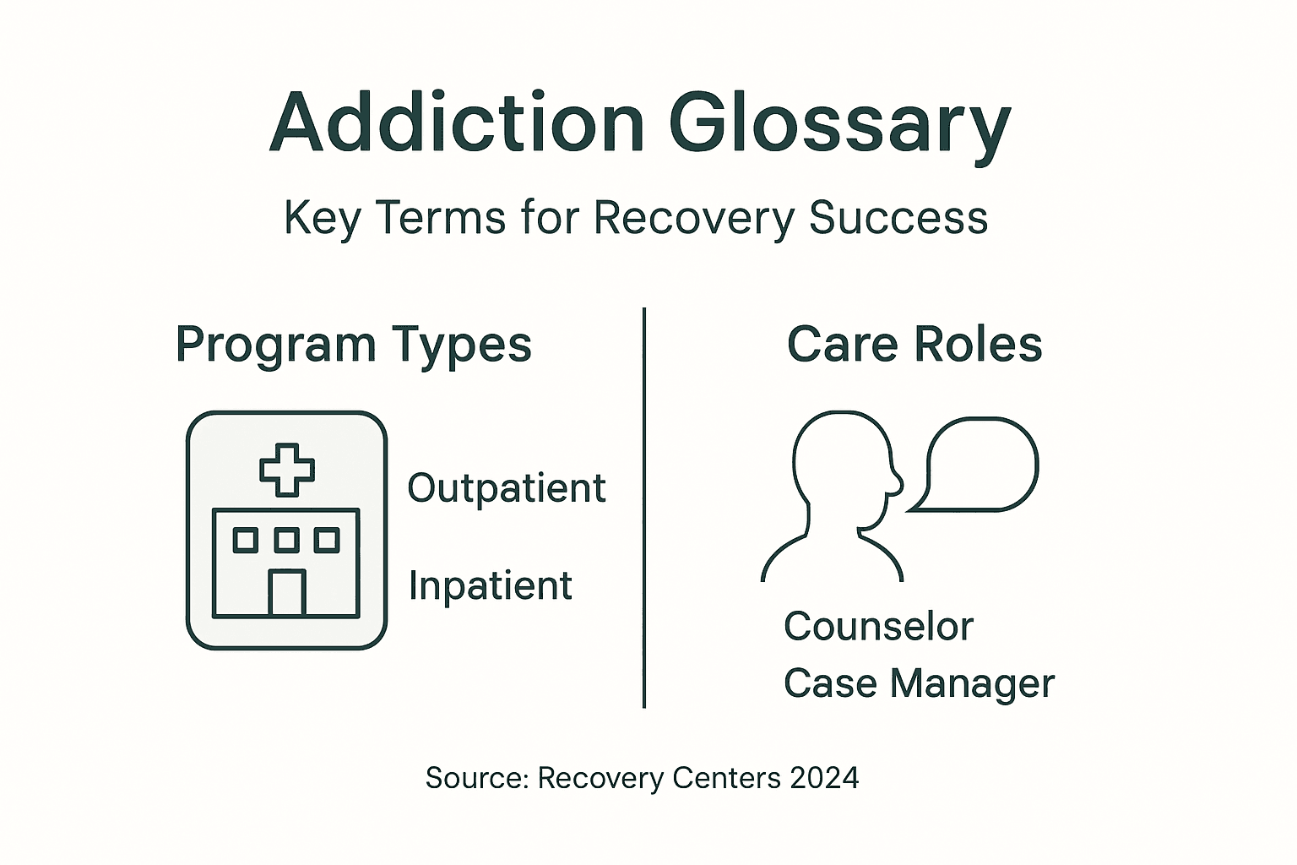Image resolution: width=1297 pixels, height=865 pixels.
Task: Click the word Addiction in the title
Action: point(457,123)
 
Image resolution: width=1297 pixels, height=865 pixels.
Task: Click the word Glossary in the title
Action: point(839,125)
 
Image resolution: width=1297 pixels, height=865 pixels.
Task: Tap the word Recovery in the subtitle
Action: point(694,217)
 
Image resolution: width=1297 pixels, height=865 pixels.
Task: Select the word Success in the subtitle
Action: point(898,217)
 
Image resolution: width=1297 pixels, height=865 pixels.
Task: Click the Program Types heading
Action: point(354,345)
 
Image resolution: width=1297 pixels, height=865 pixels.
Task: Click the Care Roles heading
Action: point(914,345)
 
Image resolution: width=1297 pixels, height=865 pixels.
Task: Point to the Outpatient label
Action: point(507,488)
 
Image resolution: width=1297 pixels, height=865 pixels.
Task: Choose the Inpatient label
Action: point(491,585)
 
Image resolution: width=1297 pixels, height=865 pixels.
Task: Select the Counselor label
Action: point(878,627)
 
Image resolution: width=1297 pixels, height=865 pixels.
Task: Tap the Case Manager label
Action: point(919,683)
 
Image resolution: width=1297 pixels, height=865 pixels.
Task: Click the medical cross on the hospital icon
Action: point(287,469)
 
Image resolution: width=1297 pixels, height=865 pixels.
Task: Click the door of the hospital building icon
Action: point(287,592)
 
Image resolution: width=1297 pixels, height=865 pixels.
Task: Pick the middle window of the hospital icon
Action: point(287,540)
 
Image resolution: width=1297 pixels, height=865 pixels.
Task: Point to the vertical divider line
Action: point(644,507)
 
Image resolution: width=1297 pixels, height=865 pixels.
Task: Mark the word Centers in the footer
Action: point(727,777)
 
